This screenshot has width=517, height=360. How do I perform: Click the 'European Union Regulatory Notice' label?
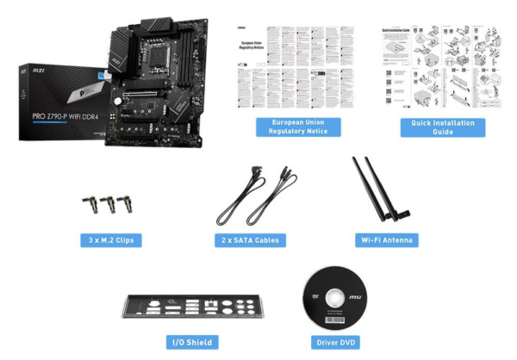tap(299, 127)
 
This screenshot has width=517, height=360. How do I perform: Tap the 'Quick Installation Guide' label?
tap(443, 127)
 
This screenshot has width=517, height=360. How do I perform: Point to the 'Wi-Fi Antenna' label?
tap(385, 239)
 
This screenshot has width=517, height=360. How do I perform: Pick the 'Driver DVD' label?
tap(333, 342)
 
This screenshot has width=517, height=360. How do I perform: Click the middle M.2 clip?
tap(109, 206)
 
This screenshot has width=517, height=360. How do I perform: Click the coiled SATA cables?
tap(255, 196)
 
